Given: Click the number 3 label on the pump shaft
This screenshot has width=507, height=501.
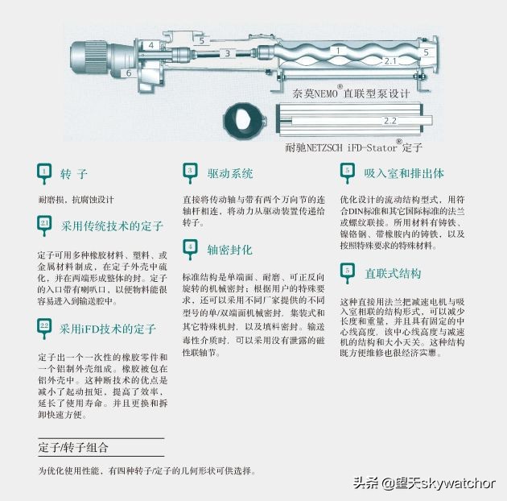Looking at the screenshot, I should click(227, 53).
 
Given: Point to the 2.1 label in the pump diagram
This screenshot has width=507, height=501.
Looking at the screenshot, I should click(390, 60).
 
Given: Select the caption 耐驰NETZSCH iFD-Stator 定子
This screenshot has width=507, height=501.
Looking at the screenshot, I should click(353, 147).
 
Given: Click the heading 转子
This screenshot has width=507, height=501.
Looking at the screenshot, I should click(74, 174).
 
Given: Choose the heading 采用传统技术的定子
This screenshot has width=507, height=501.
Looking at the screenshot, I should click(112, 226).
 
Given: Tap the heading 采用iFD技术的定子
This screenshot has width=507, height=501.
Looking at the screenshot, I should click(108, 329).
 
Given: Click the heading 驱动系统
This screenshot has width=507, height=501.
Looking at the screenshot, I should click(230, 173).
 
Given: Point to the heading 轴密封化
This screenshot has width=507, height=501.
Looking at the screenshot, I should click(229, 249).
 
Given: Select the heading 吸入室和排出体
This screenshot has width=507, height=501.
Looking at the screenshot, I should click(403, 173).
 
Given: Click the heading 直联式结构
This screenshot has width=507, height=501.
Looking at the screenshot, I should click(392, 273).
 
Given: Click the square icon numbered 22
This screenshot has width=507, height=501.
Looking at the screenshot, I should click(45, 325).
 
